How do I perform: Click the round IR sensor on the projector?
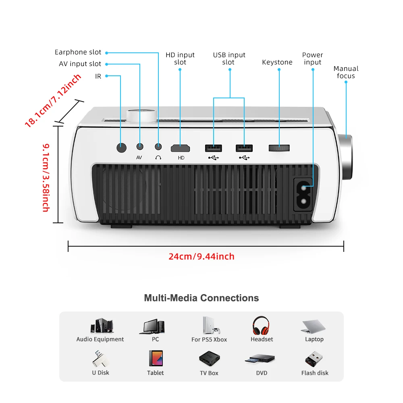tap(121, 147)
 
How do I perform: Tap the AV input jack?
tap(140, 147)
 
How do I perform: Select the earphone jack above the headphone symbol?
tap(158, 147)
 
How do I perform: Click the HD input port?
tap(180, 148)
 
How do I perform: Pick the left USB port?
tap(214, 148)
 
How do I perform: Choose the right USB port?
tap(244, 148)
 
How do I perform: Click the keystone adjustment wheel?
tap(279, 147)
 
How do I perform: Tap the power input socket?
tap(304, 194)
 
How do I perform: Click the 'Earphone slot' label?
tap(78, 52)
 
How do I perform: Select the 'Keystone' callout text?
tap(277, 62)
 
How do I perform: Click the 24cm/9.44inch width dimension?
tap(201, 256)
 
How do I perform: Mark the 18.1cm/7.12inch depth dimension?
tap(53, 100)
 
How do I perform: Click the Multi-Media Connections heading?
tap(201, 298)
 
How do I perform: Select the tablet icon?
tap(156, 358)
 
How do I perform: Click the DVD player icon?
tap(262, 359)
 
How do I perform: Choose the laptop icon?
tap(314, 326)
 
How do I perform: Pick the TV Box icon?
tap(209, 358)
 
